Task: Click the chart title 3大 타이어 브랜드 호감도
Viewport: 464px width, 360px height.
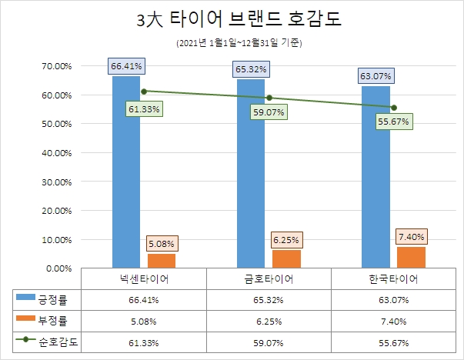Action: pyautogui.click(x=232, y=21)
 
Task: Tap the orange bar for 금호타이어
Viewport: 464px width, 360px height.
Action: pyautogui.click(x=285, y=258)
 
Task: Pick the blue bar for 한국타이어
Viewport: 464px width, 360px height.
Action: pyautogui.click(x=376, y=177)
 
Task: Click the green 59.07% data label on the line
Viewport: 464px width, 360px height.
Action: pyautogui.click(x=269, y=112)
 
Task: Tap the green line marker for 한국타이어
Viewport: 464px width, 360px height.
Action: pyautogui.click(x=393, y=107)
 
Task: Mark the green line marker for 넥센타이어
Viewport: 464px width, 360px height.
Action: pyautogui.click(x=144, y=91)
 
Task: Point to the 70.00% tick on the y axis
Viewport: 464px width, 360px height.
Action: pyautogui.click(x=55, y=66)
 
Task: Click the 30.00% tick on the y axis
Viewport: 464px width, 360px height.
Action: pyautogui.click(x=55, y=182)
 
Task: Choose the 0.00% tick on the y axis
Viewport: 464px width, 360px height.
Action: pyautogui.click(x=58, y=268)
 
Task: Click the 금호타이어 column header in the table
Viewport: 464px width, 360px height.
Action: pyautogui.click(x=269, y=278)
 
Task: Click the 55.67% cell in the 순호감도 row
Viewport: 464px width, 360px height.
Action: pyautogui.click(x=393, y=342)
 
